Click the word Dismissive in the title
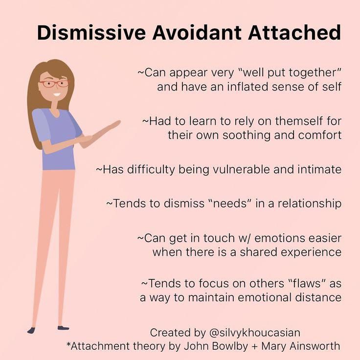coord(91,32)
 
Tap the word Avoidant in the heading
coord(197,32)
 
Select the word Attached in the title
coord(294,32)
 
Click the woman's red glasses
coord(54,84)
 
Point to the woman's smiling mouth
coord(56,94)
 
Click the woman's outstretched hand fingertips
coord(116,123)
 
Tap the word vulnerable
coord(242,169)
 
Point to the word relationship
coord(310,203)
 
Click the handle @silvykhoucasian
coord(255,333)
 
